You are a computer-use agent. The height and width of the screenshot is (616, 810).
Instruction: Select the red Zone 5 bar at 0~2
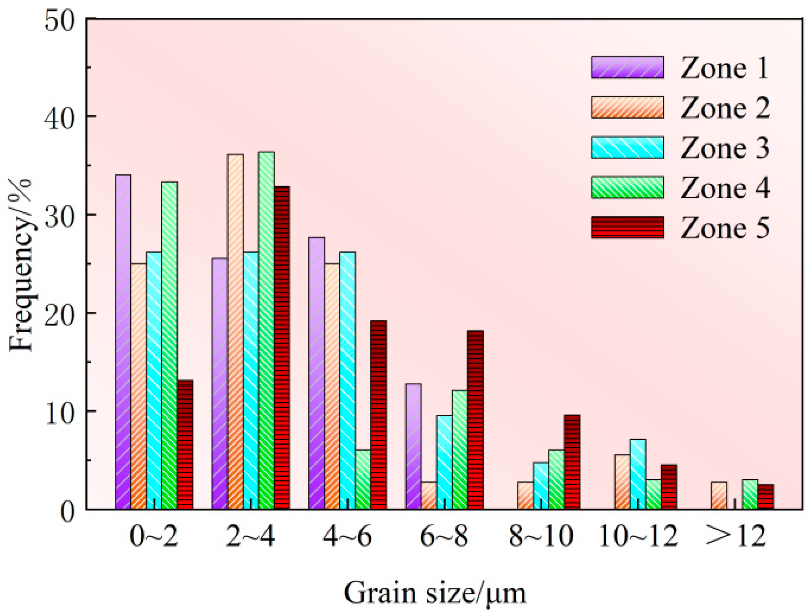[185, 444]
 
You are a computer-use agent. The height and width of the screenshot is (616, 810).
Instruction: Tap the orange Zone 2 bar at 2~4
[235, 331]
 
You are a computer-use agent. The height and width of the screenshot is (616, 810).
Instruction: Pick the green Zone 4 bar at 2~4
[266, 330]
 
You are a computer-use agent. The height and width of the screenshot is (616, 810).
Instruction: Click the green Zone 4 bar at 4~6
[363, 479]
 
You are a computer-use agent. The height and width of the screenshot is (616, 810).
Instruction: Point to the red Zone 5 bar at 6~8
[476, 419]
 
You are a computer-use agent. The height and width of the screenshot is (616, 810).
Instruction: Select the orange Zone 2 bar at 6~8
[429, 495]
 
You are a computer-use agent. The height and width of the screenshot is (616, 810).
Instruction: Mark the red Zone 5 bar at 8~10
[572, 462]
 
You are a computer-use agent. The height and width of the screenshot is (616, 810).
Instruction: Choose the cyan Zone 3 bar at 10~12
[638, 474]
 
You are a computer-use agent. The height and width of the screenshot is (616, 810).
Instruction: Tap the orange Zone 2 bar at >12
[719, 495]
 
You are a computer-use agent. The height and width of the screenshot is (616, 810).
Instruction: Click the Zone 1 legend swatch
[627, 67]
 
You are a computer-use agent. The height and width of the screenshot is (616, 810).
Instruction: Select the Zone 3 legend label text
[725, 148]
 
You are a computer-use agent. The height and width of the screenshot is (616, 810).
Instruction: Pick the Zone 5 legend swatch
[627, 227]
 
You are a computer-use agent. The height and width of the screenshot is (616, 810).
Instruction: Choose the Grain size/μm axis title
[435, 593]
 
